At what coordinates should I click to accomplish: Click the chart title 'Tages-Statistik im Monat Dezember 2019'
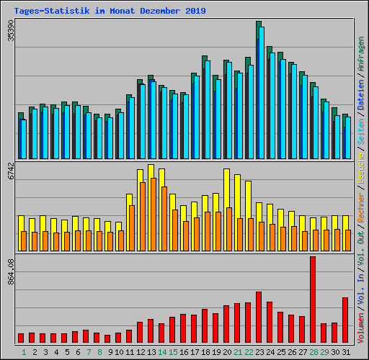[x=110, y=11]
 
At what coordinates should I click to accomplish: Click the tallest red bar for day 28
[x=313, y=299]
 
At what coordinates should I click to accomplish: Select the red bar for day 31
[x=345, y=320]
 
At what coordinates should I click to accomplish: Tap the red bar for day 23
[x=259, y=317]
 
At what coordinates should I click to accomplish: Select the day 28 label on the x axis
[x=314, y=352]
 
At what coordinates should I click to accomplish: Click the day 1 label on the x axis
[x=24, y=352]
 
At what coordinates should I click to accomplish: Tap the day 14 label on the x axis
[x=162, y=352]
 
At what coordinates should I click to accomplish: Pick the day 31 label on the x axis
[x=346, y=352]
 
